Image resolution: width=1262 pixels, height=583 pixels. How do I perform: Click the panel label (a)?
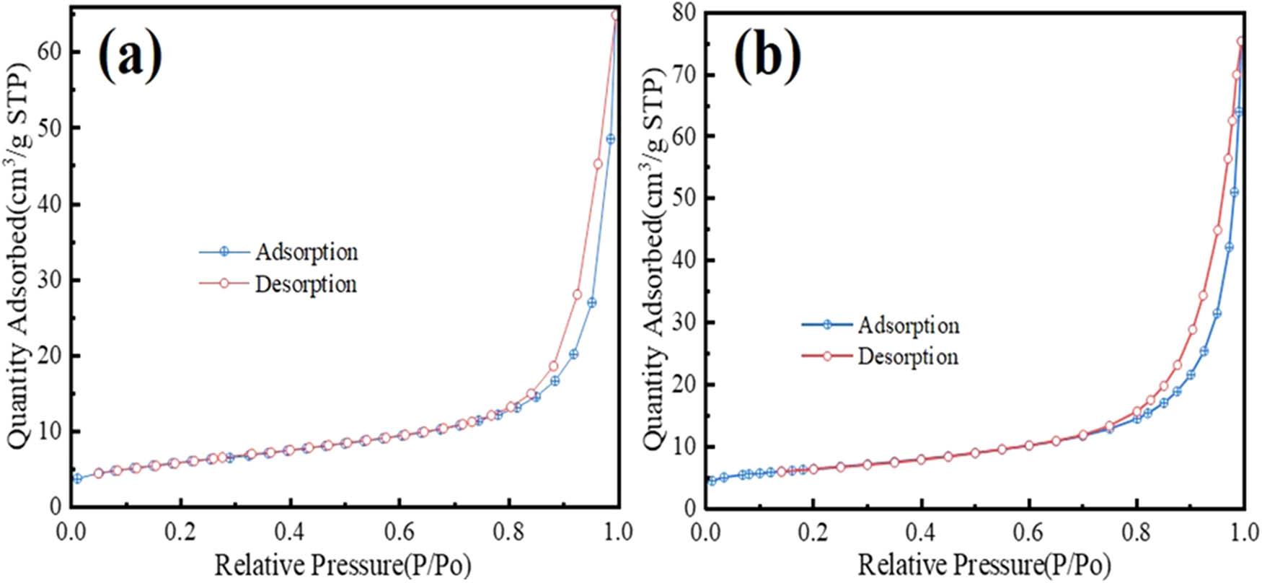coord(130,56)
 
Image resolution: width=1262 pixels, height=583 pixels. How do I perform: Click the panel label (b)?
coord(767,56)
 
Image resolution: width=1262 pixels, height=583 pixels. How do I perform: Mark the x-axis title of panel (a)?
coord(343,564)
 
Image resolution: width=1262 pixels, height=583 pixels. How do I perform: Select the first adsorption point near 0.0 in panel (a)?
coord(77,478)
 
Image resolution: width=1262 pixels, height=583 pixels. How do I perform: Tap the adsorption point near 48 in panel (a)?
coord(610,139)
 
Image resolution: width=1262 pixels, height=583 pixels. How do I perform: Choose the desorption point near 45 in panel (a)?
coord(598,164)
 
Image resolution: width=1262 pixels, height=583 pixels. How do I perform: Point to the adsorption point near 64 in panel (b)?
coord(1238,112)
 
